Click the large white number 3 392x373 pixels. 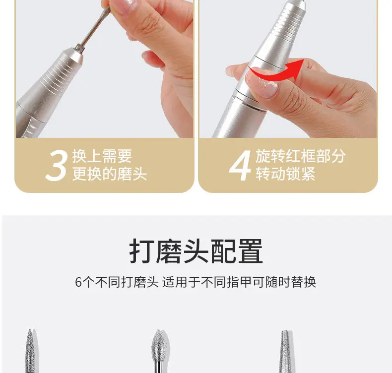(x=57, y=166)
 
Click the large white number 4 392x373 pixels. (x=240, y=165)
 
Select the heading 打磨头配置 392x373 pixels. (x=196, y=251)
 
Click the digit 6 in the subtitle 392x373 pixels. (x=78, y=282)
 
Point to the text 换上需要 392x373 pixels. (x=102, y=156)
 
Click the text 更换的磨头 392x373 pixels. (x=110, y=174)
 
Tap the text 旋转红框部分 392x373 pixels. (x=301, y=156)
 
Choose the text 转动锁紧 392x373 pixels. (x=285, y=174)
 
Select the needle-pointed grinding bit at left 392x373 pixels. (x=30, y=351)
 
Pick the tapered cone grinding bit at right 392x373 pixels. (x=285, y=351)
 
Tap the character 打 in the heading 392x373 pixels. (x=142, y=251)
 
